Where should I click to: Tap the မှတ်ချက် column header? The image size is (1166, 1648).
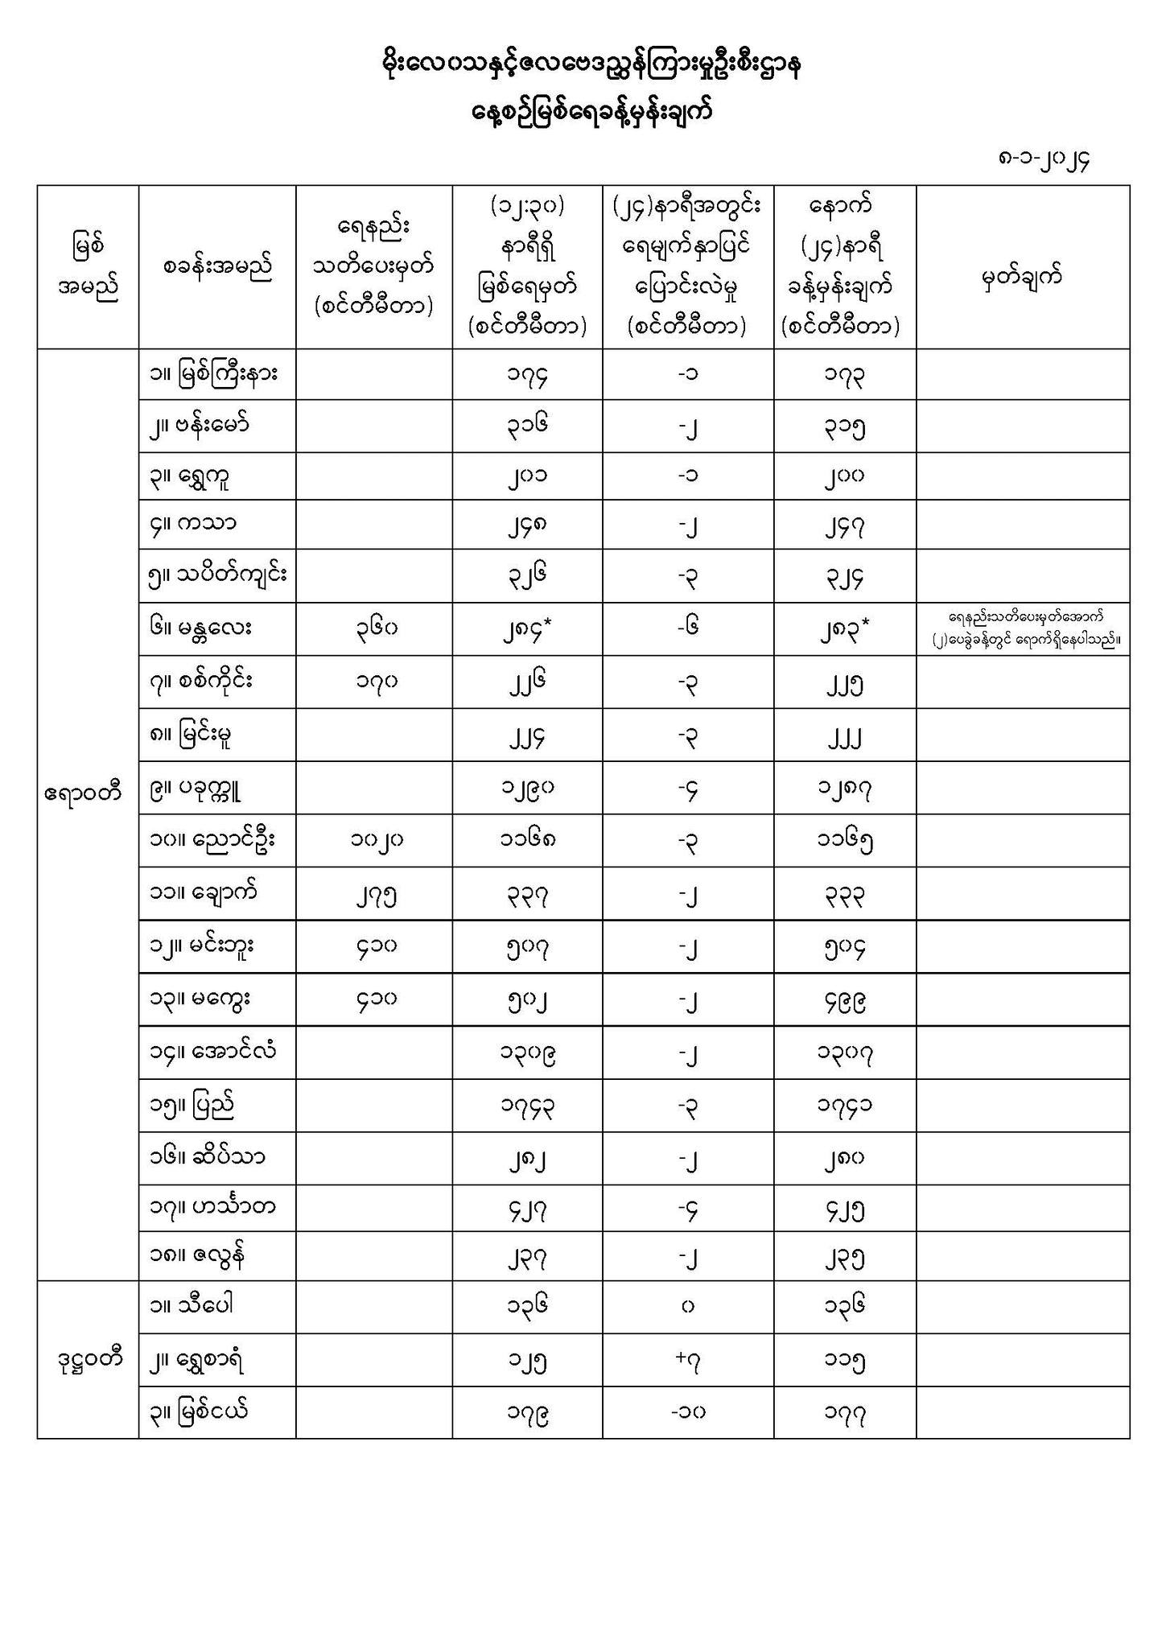pos(1022,277)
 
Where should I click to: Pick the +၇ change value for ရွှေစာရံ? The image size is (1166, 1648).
pos(688,1360)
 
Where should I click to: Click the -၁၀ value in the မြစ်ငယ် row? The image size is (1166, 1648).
pos(688,1412)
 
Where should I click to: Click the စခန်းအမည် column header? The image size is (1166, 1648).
pos(217,266)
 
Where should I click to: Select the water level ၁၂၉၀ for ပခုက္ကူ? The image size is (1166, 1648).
pos(528,788)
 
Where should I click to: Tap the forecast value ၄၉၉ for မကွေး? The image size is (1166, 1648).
pos(845,1000)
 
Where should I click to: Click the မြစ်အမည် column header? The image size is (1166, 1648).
pos(88,266)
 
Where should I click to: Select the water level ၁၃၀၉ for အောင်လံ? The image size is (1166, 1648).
pos(528,1053)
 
